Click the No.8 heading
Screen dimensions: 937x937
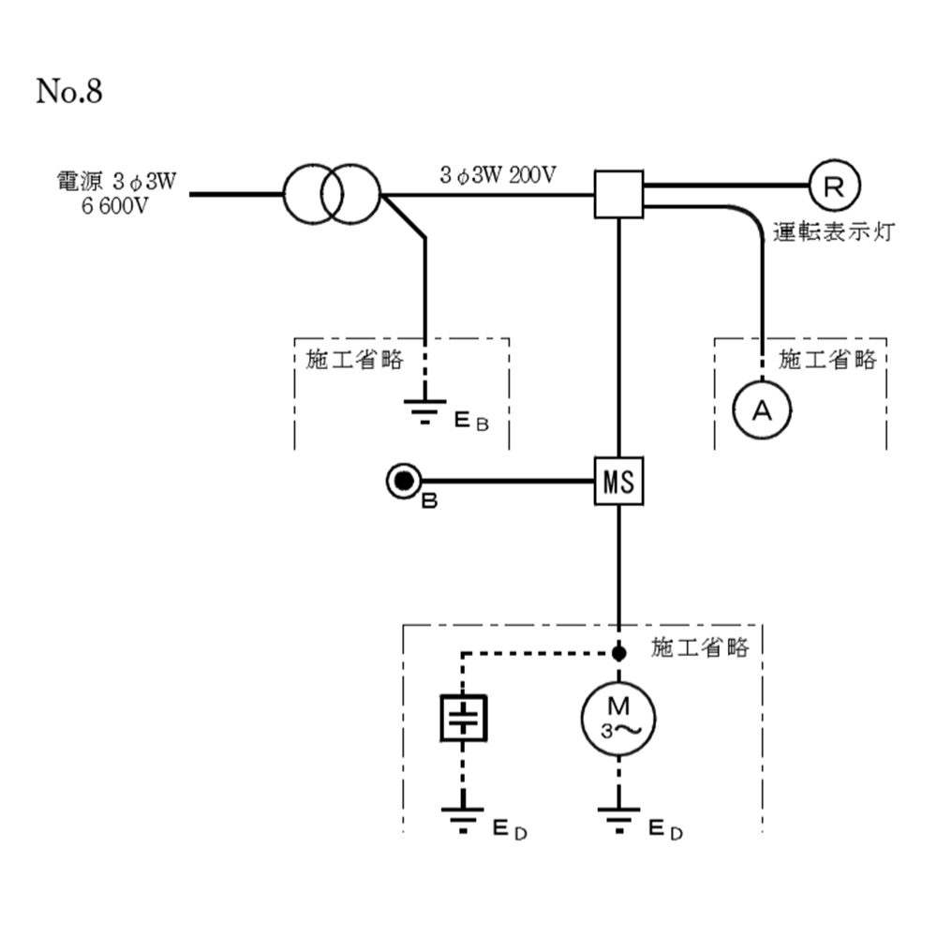point(68,92)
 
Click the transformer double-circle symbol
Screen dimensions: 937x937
point(333,195)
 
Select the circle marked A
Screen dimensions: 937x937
point(762,409)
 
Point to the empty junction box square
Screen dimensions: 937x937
point(619,195)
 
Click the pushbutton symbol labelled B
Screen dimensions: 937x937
point(404,482)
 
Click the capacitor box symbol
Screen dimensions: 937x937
point(464,719)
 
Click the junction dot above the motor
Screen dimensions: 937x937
point(618,653)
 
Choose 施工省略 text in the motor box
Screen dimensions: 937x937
point(700,647)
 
